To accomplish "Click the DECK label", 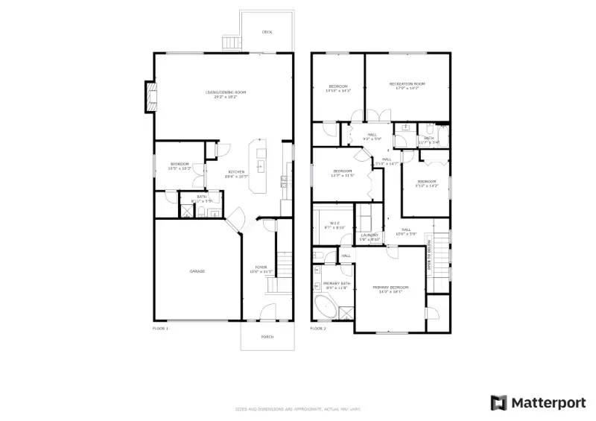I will point(267,32).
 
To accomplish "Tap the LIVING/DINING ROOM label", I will point(226,92).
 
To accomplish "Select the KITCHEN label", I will point(236,172).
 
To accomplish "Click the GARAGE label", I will point(197,271).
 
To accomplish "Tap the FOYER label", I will point(261,268).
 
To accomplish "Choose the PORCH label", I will point(267,337).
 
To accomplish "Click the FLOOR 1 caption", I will point(160,328).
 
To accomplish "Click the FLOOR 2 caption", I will point(318,328).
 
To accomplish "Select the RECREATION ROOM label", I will point(407,84).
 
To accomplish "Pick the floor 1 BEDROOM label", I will point(180,164).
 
